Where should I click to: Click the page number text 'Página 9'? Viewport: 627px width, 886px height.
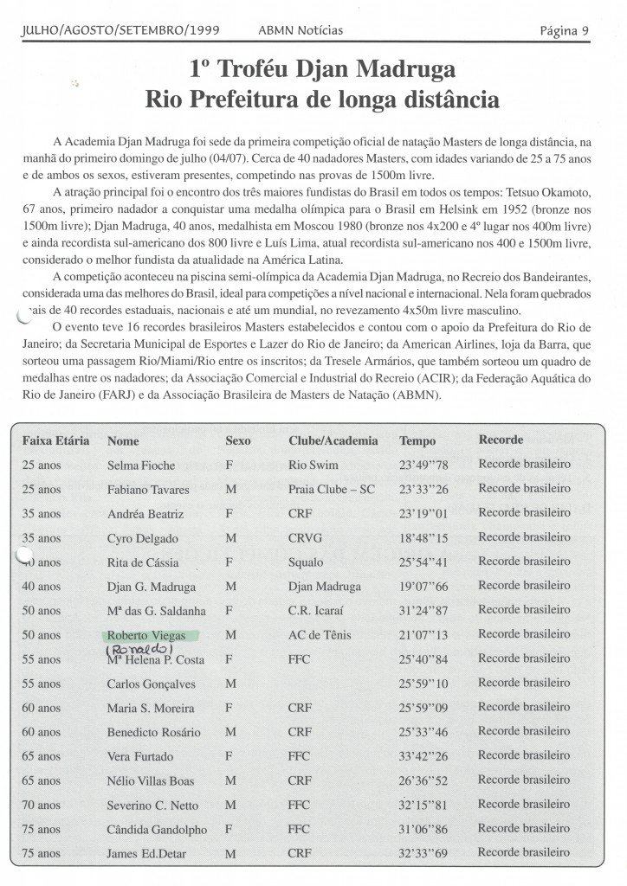click(x=564, y=30)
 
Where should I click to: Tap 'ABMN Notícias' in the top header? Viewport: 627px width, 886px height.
click(x=301, y=31)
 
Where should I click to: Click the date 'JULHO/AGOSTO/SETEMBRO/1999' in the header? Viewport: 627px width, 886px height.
click(x=118, y=31)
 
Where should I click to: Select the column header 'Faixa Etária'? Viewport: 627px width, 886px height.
click(x=55, y=440)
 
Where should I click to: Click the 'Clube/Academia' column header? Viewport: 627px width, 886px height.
click(x=333, y=440)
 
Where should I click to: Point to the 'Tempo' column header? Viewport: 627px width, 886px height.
click(x=417, y=440)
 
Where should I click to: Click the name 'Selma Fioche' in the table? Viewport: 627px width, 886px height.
click(x=140, y=465)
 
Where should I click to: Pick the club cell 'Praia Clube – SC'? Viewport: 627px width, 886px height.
click(x=332, y=490)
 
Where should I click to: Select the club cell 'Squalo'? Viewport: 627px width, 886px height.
click(x=306, y=562)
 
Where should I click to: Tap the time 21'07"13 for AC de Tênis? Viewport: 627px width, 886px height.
click(x=423, y=636)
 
